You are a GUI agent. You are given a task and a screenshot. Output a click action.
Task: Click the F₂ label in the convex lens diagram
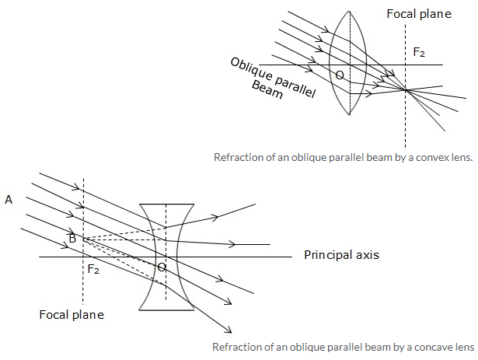point(418,53)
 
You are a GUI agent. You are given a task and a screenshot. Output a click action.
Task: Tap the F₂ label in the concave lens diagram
point(92,269)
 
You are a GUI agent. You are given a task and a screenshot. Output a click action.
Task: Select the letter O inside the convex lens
point(339,75)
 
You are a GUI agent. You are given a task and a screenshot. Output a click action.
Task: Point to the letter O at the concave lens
point(161,267)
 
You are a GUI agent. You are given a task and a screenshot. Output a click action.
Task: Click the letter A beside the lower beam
point(9,200)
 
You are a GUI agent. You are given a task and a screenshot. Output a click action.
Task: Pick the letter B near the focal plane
point(72,238)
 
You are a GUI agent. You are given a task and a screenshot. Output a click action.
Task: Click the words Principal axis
point(341,255)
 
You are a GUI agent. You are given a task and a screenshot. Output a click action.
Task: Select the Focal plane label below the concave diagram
point(72,315)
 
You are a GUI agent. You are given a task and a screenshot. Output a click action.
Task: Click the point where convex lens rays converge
point(406,91)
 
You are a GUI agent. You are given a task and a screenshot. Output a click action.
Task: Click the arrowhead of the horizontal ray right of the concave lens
point(231,244)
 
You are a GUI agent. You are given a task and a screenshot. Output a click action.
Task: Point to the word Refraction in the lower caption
point(237,347)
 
